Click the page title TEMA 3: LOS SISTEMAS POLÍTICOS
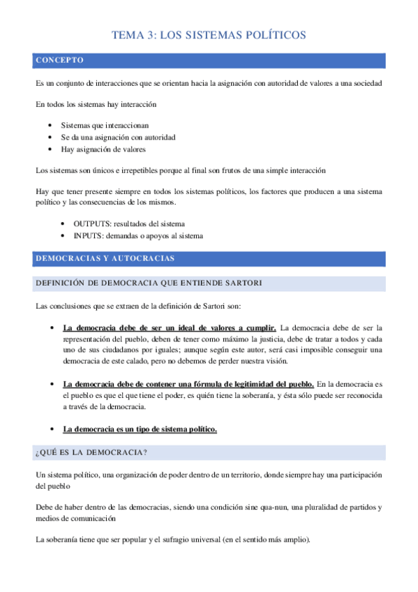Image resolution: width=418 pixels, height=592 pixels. click(x=209, y=36)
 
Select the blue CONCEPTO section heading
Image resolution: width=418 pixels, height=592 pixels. click(x=60, y=61)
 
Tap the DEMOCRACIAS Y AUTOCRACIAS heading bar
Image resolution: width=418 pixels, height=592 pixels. click(x=105, y=258)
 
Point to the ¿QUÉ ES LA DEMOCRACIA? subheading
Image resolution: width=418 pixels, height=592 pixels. click(x=91, y=453)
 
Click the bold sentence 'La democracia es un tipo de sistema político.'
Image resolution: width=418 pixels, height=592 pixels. click(x=140, y=429)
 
